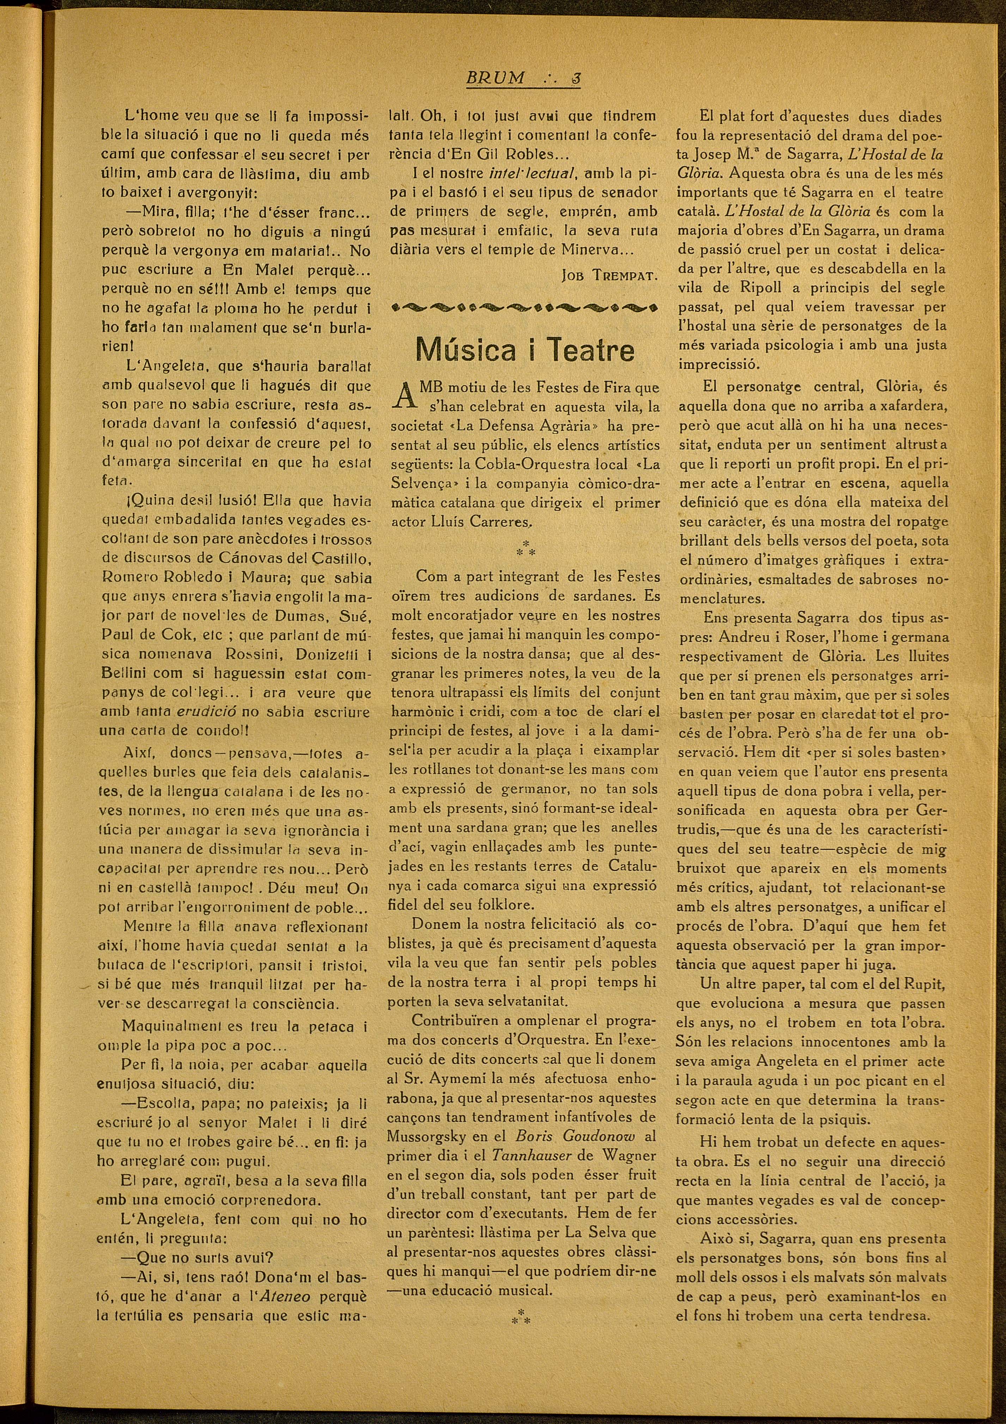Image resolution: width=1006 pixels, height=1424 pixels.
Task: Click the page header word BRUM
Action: pyautogui.click(x=495, y=79)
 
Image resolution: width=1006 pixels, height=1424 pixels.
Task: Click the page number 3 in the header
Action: pyautogui.click(x=575, y=79)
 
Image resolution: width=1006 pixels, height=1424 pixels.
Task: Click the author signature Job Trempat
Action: pyautogui.click(x=608, y=275)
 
